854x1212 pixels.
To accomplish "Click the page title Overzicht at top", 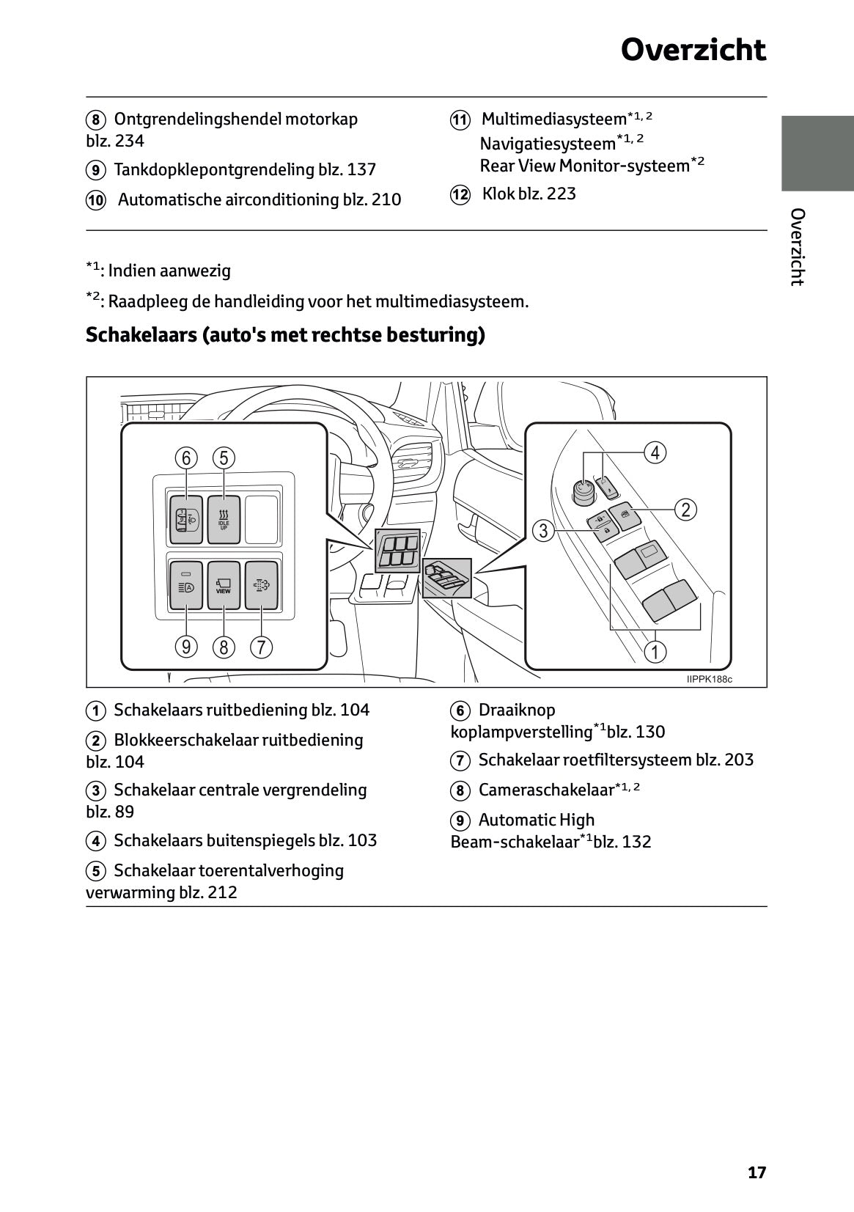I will [x=693, y=51].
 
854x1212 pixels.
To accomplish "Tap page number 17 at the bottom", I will [x=757, y=1172].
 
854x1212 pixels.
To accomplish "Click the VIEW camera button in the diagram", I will [x=224, y=585].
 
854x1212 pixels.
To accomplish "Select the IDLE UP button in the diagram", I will [x=224, y=520].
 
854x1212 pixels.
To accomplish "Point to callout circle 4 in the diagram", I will [x=655, y=453].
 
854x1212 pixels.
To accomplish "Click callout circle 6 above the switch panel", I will [x=186, y=458].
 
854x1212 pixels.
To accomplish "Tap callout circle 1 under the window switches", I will [x=655, y=652].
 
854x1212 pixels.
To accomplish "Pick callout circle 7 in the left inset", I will [x=261, y=647].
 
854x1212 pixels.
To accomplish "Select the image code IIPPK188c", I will [x=709, y=679].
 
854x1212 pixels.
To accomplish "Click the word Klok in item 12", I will [x=498, y=194].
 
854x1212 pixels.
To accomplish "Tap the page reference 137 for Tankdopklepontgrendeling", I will [x=361, y=169].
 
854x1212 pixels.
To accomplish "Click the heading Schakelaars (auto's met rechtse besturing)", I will [x=285, y=335].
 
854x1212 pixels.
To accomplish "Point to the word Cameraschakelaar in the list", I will [x=545, y=790].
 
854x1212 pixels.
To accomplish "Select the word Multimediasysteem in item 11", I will [x=553, y=119].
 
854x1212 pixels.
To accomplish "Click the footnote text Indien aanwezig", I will [x=169, y=271].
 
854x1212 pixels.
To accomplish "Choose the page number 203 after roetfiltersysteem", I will [x=738, y=760].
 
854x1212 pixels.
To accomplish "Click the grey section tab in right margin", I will [x=817, y=153].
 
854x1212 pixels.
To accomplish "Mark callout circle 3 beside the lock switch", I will [x=543, y=530].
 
